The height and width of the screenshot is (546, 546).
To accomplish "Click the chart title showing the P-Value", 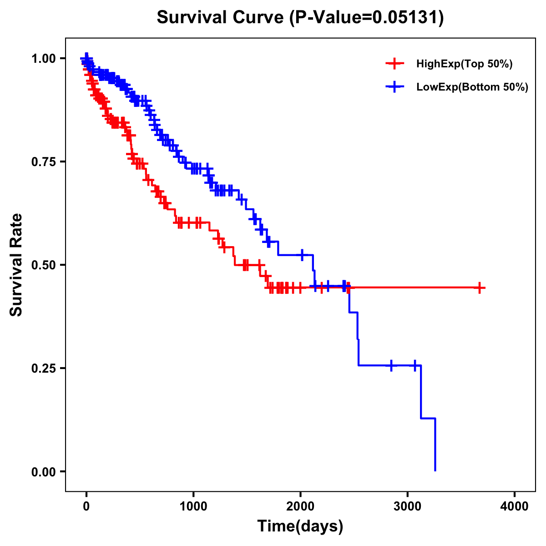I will [x=300, y=17].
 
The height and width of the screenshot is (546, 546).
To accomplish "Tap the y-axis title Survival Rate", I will [x=16, y=265].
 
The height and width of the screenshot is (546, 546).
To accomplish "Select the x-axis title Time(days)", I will [x=300, y=526].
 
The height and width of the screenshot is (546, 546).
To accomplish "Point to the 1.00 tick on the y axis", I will [x=44, y=59].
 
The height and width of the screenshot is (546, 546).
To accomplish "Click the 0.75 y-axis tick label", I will [x=44, y=162].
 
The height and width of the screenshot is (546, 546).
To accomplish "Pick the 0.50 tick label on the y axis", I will [x=44, y=265].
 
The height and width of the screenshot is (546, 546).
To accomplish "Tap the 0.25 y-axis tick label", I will [x=44, y=368].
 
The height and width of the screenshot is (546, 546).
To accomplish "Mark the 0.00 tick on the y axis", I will [x=44, y=472].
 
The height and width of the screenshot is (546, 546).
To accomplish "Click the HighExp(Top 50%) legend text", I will [x=464, y=64].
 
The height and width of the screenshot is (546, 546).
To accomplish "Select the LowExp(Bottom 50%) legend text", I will [x=472, y=87].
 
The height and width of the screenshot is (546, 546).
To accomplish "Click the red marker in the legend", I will [x=394, y=64].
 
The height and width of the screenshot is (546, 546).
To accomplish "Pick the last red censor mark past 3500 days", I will [x=479, y=288].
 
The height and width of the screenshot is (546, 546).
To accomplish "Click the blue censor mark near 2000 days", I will [x=302, y=255].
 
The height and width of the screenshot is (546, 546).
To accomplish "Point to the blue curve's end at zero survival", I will [x=435, y=470].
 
